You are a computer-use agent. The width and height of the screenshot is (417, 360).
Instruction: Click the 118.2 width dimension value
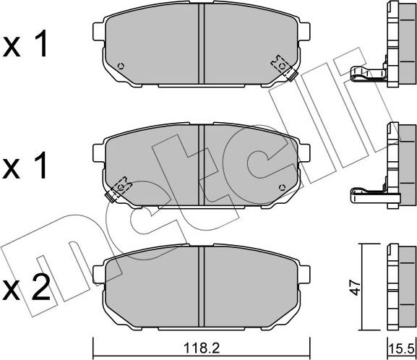[x=202, y=348]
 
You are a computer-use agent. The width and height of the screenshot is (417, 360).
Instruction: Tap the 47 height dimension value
[x=356, y=287]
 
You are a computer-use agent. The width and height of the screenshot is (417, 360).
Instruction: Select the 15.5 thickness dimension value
[x=401, y=349]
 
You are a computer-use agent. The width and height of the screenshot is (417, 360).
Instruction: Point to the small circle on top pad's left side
[x=121, y=66]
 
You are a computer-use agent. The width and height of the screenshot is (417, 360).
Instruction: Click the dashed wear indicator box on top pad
[x=280, y=64]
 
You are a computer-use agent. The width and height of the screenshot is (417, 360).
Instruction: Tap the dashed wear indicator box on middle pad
[x=122, y=187]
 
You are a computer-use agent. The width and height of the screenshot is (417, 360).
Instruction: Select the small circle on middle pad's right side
[x=283, y=187]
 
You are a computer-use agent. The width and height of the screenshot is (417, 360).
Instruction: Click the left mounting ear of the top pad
[x=99, y=31]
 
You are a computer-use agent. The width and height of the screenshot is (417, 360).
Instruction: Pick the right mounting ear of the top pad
[x=304, y=31]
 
